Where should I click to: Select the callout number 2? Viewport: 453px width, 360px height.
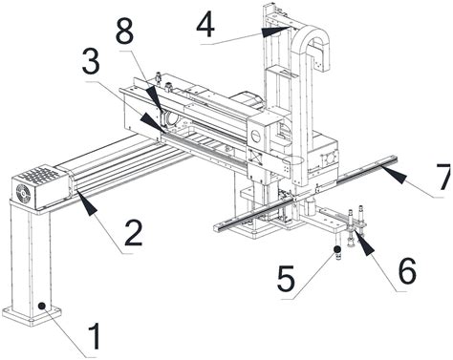click(x=133, y=233)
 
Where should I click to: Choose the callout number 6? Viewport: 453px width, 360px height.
click(x=407, y=271)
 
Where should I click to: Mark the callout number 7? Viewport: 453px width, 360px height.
click(x=442, y=177)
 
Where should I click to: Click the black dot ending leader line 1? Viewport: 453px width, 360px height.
click(x=41, y=306)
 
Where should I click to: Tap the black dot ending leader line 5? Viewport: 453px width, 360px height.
click(x=337, y=249)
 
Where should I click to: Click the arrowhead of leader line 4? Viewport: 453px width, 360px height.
click(x=275, y=32)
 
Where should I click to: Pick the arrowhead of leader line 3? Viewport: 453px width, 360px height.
click(x=152, y=123)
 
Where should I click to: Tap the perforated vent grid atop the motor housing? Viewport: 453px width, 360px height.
click(x=40, y=175)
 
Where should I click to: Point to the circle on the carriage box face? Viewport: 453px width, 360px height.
click(x=256, y=137)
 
